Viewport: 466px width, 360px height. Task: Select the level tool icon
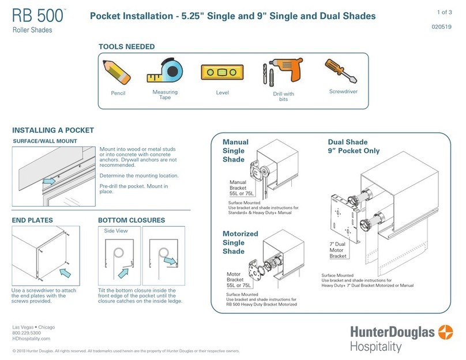[x=222, y=73]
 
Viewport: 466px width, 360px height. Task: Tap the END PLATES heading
[x=32, y=220]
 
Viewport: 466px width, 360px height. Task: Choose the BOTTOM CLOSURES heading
[x=131, y=220]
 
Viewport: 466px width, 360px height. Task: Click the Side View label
[x=115, y=231]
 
